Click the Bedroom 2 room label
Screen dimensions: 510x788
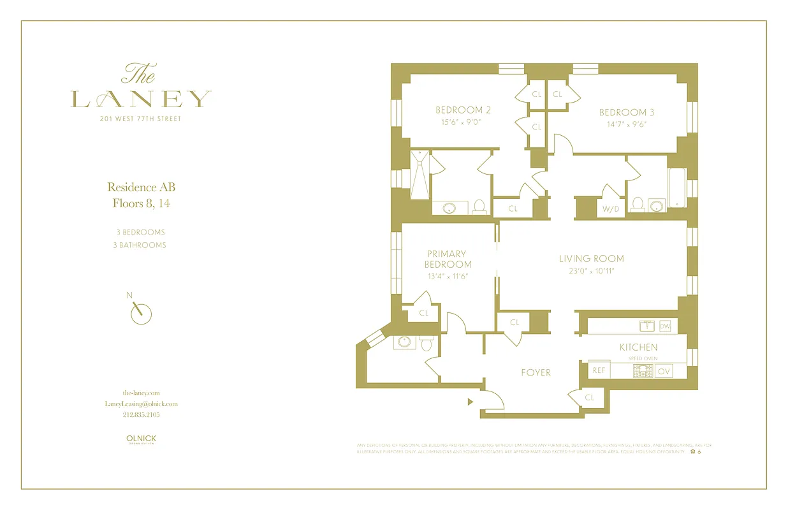tap(463, 110)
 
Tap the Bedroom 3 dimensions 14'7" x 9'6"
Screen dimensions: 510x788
tap(627, 124)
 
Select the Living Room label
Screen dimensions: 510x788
tap(591, 259)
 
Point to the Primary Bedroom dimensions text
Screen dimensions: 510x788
tap(449, 277)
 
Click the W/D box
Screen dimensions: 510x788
tap(610, 208)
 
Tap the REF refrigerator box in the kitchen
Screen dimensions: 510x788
tap(599, 370)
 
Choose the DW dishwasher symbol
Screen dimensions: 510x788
tap(665, 326)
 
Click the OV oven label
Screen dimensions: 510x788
tap(664, 371)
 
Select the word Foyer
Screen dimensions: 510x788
tap(536, 372)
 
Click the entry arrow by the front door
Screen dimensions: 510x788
tap(471, 402)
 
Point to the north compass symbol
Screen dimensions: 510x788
tap(140, 312)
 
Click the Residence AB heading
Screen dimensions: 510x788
tap(141, 187)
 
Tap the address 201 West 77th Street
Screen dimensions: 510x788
tap(141, 119)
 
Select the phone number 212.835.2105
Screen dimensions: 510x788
tap(141, 414)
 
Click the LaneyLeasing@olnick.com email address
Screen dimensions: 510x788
tap(141, 404)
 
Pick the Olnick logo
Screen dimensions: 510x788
tap(141, 439)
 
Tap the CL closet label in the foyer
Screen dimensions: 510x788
tap(589, 397)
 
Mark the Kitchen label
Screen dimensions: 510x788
tap(638, 347)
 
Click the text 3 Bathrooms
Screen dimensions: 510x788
tap(140, 245)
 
